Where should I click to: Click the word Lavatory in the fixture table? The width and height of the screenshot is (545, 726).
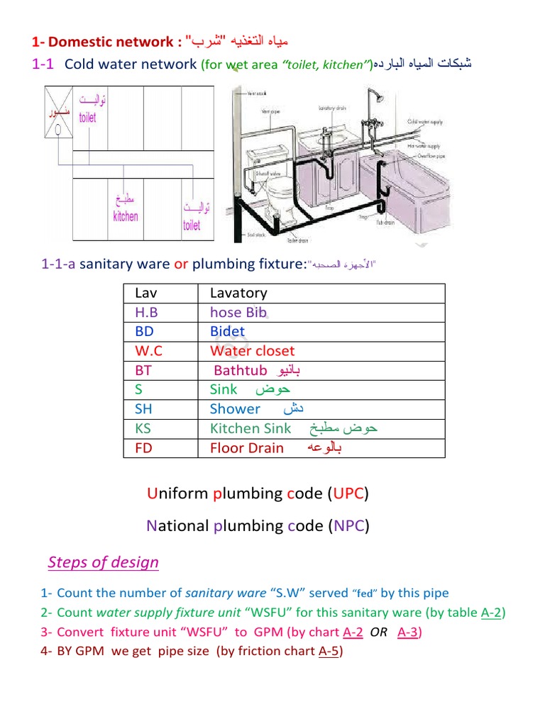(238, 293)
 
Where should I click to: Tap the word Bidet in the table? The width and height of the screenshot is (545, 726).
(227, 331)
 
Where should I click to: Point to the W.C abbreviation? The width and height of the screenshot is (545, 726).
(149, 351)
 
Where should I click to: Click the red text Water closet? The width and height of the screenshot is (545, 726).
(252, 351)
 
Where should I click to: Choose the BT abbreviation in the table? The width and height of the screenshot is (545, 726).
(143, 370)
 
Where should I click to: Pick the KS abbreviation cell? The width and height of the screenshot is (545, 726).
(143, 428)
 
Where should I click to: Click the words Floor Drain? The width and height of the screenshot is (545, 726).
(246, 448)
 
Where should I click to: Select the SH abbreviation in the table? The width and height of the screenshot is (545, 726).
(143, 409)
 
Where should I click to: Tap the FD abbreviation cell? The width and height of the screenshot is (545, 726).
(143, 448)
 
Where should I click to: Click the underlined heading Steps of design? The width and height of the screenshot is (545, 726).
(104, 562)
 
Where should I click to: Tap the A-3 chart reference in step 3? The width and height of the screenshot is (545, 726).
(408, 632)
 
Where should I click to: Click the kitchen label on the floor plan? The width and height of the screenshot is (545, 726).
(126, 216)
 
